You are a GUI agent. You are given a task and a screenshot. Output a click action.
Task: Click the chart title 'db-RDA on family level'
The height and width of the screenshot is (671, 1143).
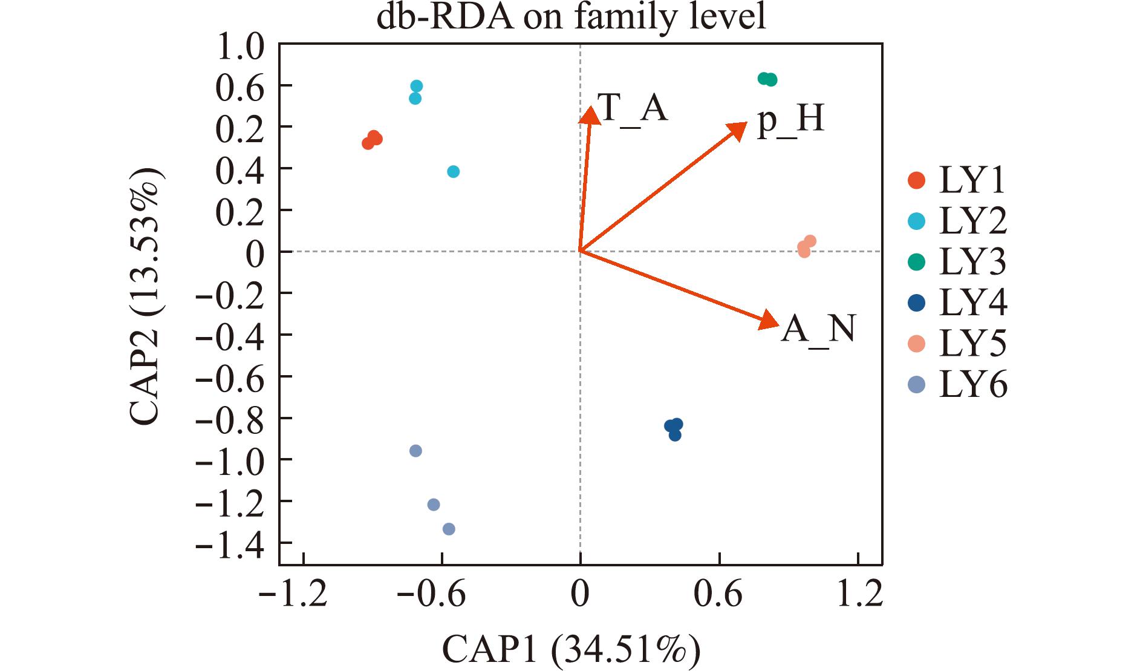[x=571, y=18]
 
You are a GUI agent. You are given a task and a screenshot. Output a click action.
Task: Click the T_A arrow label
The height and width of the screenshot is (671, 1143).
[x=633, y=109]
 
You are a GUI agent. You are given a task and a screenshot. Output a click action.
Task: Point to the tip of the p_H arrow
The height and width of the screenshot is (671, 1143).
[x=746, y=123]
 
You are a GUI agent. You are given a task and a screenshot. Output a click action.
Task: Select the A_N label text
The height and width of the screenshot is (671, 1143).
[x=818, y=330]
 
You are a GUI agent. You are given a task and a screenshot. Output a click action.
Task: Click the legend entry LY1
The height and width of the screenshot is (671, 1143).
[x=957, y=180]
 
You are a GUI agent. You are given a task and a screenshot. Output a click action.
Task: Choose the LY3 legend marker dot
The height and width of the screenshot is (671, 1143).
[x=917, y=262]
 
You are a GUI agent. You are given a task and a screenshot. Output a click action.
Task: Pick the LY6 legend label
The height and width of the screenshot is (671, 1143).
[x=973, y=385]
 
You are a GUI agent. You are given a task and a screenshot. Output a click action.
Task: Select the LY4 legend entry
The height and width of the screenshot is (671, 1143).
[x=957, y=303]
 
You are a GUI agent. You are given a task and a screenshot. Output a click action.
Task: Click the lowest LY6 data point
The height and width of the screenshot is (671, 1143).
[x=449, y=529]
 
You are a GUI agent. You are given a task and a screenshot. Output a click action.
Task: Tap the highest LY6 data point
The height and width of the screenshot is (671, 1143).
[x=415, y=451]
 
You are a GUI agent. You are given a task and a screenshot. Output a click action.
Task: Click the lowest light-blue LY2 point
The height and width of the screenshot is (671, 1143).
[x=454, y=172]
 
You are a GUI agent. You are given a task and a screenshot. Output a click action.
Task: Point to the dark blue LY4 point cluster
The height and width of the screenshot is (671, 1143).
[x=674, y=429]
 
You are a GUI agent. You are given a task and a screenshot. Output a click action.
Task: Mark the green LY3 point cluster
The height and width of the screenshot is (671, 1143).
[x=767, y=79]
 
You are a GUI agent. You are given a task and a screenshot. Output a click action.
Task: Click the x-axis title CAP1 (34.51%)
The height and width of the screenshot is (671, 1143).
[x=571, y=650]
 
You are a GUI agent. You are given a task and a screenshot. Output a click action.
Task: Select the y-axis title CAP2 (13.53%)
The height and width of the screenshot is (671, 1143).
[x=146, y=296]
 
